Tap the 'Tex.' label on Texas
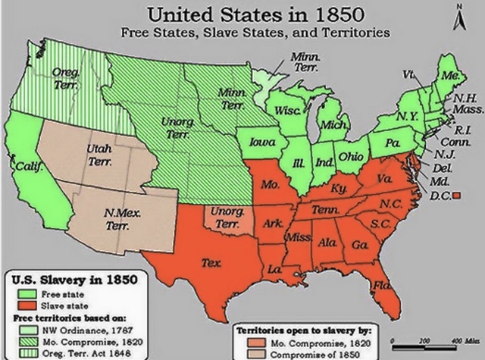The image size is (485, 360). pos(211,262)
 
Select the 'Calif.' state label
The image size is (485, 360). pos(28,165)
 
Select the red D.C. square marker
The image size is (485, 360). pos(457,197)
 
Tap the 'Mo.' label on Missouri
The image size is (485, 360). pos(269,184)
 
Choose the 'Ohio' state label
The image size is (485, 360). pos(350,156)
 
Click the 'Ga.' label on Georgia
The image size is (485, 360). pos(359,245)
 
